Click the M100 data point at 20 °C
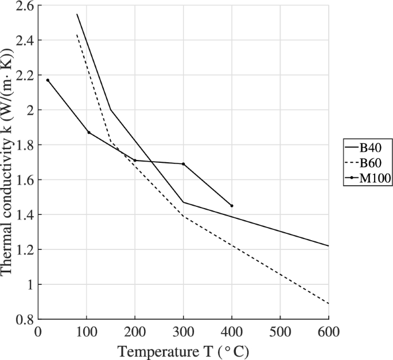point(48,80)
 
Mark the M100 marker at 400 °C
point(232,205)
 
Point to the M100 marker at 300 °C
point(184,164)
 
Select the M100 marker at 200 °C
point(135,161)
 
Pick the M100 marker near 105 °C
point(88,132)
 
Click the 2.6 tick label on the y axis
point(24,6)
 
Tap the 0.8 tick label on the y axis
point(24,319)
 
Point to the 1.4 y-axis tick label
point(24,215)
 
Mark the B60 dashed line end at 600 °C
point(328,303)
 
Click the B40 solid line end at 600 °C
point(328,245)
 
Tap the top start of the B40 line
point(77,14)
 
